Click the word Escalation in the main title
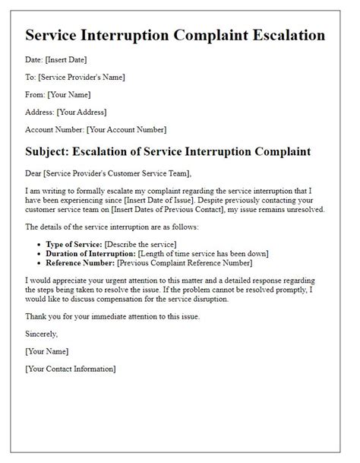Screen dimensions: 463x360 tap(279, 35)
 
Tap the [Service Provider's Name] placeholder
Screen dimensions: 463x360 tap(81, 77)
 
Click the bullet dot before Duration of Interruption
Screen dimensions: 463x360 tap(38, 254)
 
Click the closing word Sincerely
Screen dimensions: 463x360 tap(41, 333)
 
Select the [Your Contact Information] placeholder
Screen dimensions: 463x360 tap(71, 369)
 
